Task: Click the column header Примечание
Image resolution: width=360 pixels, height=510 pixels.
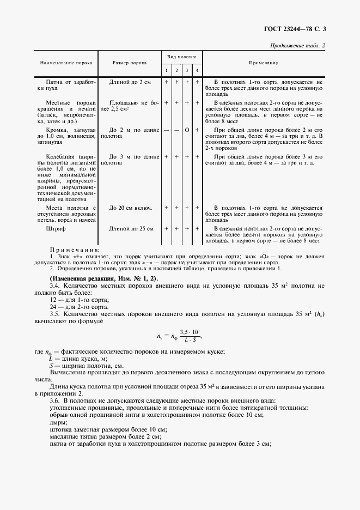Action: (264, 63)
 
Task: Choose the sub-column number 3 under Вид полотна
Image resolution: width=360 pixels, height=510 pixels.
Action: (187, 71)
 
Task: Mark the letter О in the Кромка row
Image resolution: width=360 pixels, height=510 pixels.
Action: (187, 131)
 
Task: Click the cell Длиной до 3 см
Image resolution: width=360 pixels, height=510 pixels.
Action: (130, 82)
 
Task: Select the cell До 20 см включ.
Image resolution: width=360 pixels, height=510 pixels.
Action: (130, 208)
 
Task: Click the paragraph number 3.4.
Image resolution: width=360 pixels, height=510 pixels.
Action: (55, 286)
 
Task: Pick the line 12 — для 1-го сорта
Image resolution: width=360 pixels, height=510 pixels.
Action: (79, 300)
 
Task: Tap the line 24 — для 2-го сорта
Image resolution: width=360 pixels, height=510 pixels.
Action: (79, 307)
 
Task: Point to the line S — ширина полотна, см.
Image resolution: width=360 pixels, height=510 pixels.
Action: (85, 365)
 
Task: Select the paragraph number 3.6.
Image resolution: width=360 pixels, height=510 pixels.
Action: (55, 400)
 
